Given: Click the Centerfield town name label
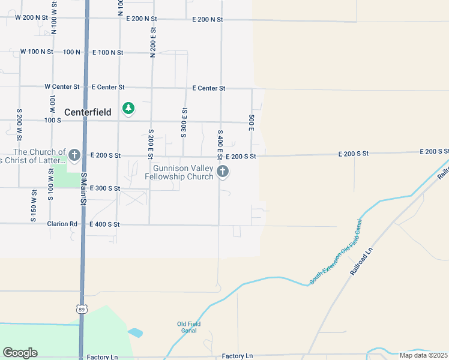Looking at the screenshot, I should tap(88, 112).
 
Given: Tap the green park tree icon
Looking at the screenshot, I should tap(128, 108).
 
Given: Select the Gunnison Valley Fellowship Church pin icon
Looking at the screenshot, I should tap(222, 172).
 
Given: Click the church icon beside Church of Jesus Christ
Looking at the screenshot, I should tap(74, 156).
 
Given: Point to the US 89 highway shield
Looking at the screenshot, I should tap(81, 308).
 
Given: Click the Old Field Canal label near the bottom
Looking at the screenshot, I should tap(188, 327).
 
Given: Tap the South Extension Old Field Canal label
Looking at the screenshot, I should tap(337, 251).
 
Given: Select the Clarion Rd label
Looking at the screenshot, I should tap(63, 224).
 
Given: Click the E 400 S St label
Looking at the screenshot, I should tap(105, 224).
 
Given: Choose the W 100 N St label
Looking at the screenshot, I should tap(37, 52).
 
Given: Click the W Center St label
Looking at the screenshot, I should tap(62, 87).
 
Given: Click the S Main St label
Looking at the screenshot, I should tap(84, 188).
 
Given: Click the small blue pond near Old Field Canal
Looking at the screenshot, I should tap(136, 332).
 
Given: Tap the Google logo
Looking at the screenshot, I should tap(20, 353).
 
